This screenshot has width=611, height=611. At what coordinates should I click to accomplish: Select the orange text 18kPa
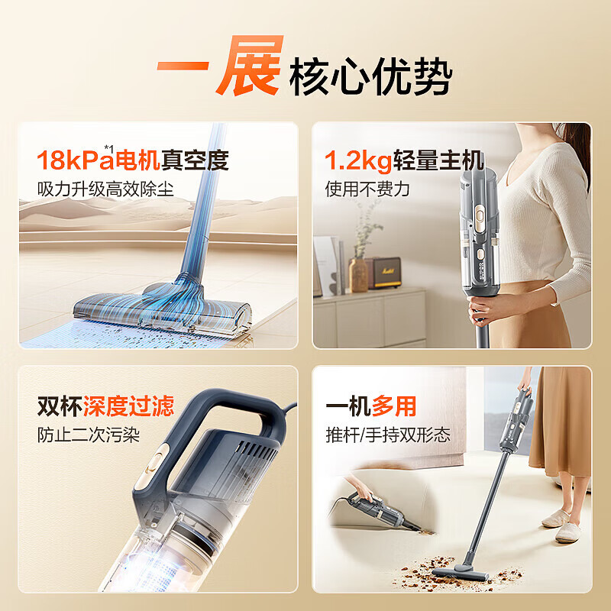click(74, 161)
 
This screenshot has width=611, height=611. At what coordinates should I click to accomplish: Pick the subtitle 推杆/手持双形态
click(387, 435)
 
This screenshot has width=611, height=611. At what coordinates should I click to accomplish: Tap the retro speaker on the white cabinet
click(386, 273)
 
